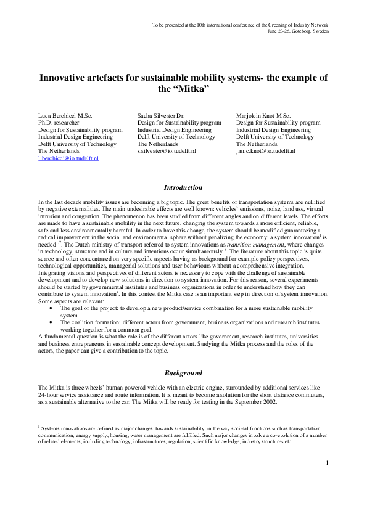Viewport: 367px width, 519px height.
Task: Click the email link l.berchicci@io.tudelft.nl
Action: [68, 158]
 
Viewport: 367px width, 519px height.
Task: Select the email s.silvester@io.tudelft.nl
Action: [167, 150]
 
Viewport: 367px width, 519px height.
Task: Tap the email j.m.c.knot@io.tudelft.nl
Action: [265, 150]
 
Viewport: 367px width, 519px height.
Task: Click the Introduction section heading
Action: [183, 187]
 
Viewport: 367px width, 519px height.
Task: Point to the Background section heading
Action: [183, 373]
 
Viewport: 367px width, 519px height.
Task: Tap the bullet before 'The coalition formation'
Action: [51, 322]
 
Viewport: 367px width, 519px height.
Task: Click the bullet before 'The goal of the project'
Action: [51, 308]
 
